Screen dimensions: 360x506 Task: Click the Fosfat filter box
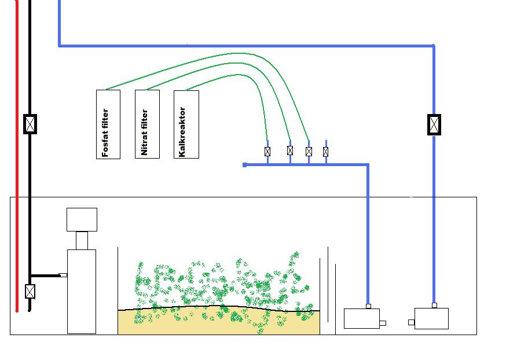[x=108, y=124]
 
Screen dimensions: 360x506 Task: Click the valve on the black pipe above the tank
[x=30, y=124]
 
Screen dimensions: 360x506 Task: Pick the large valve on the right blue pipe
[x=434, y=124]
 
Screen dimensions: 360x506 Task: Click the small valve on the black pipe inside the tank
[x=30, y=291]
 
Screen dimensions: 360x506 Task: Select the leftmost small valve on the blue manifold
[x=267, y=152]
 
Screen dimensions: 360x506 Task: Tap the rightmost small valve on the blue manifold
[x=326, y=152]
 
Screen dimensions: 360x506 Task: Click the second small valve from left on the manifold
[x=290, y=150]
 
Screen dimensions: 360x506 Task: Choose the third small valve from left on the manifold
[x=309, y=152]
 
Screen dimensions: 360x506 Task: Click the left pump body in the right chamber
[x=362, y=318]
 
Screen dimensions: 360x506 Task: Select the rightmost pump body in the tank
[x=432, y=318]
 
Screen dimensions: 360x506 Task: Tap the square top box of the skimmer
[x=82, y=219]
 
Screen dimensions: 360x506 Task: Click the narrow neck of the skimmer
[x=82, y=240]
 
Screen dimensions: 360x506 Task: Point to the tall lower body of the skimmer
[x=82, y=291]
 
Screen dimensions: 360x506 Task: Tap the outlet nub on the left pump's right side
[x=383, y=324]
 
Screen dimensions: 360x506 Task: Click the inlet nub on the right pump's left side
[x=411, y=322]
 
